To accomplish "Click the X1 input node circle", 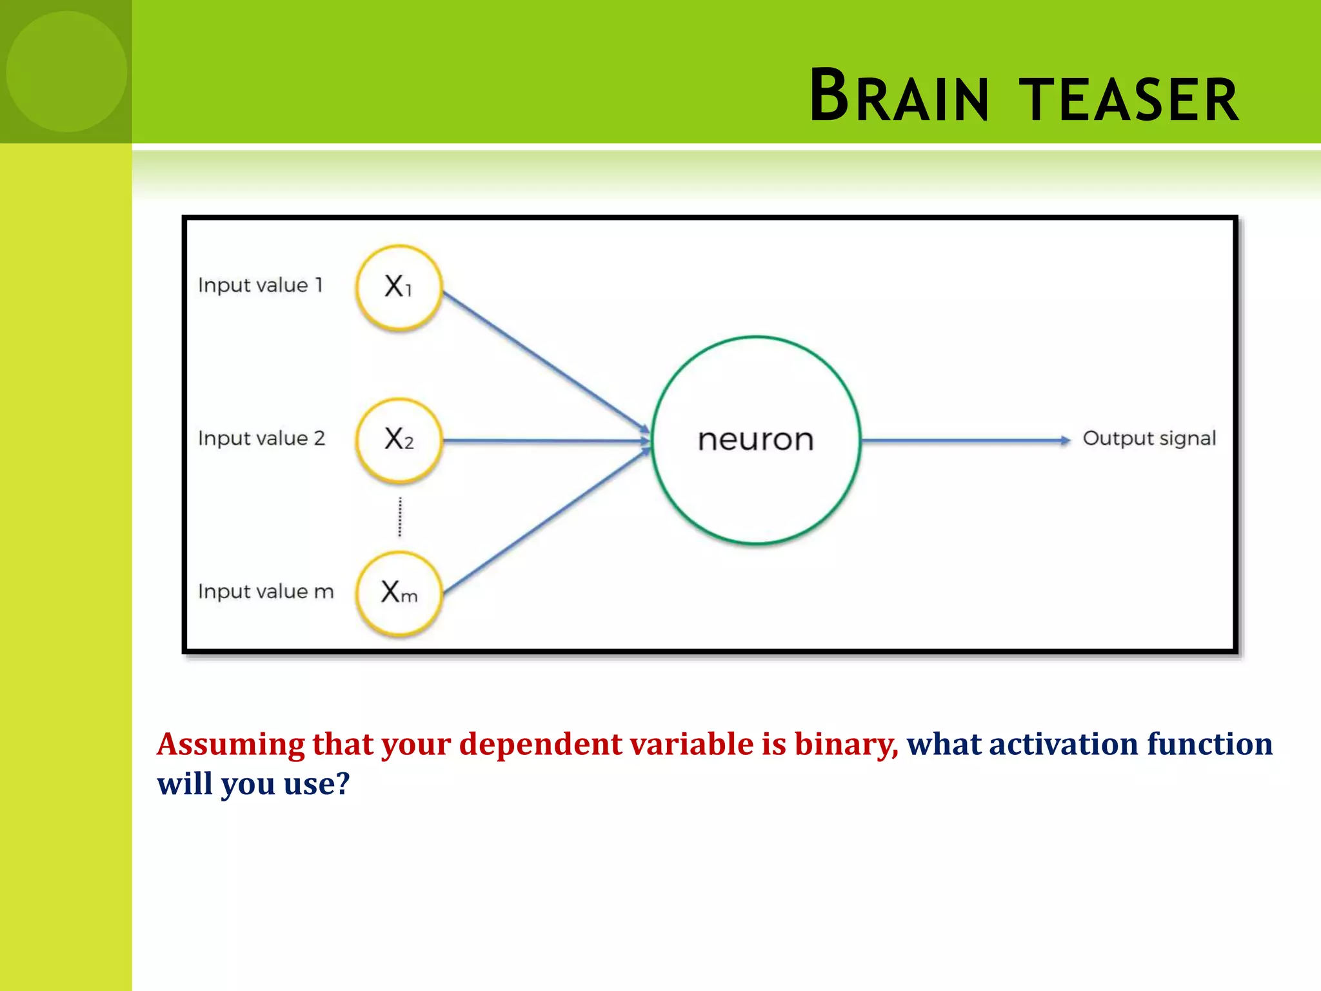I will [x=399, y=287].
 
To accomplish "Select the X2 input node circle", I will [x=399, y=440].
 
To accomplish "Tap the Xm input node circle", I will [x=399, y=593].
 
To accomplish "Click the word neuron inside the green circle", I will [x=755, y=440].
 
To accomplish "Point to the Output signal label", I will [x=1149, y=439].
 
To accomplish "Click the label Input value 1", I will [x=260, y=285].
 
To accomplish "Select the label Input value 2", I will [x=261, y=438].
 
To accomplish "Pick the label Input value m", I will [x=266, y=592].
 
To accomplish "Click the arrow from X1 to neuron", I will [x=545, y=361].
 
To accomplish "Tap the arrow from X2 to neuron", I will [x=545, y=441].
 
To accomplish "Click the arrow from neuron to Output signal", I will [x=964, y=441].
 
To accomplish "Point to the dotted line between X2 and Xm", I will [x=400, y=517].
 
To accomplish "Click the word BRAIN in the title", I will [x=899, y=97].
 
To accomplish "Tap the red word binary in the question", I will [x=845, y=744].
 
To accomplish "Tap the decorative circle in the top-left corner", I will [x=66, y=72].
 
